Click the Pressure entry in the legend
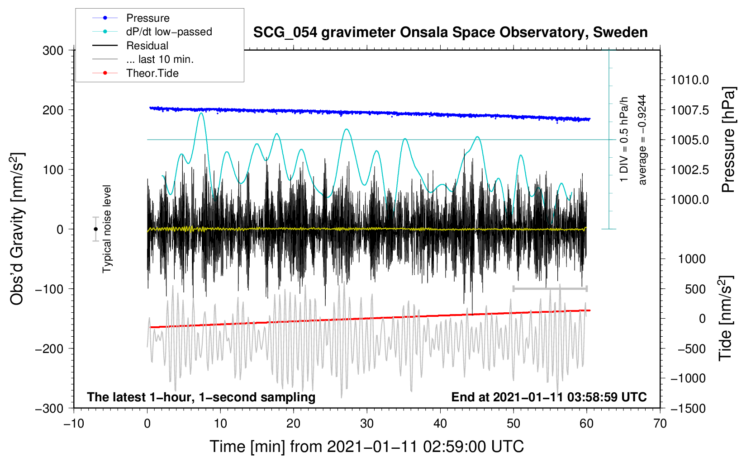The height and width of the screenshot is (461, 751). pyautogui.click(x=147, y=18)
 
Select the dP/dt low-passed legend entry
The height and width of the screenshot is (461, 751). pyautogui.click(x=169, y=32)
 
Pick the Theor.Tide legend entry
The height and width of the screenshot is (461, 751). pyautogui.click(x=152, y=73)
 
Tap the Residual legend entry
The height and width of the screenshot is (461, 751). pyautogui.click(x=147, y=46)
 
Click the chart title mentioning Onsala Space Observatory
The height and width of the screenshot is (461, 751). pyautogui.click(x=450, y=33)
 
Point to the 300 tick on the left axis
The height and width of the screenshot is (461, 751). pyautogui.click(x=53, y=50)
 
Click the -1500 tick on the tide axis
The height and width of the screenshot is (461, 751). pyautogui.click(x=688, y=408)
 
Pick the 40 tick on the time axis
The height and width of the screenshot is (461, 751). pyautogui.click(x=440, y=423)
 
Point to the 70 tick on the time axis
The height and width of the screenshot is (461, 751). pyautogui.click(x=660, y=423)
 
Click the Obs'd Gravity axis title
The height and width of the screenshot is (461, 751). pyautogui.click(x=17, y=229)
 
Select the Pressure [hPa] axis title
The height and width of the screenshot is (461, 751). pyautogui.click(x=728, y=140)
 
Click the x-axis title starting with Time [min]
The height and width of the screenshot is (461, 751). pyautogui.click(x=366, y=447)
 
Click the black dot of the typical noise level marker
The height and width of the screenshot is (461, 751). pyautogui.click(x=95, y=229)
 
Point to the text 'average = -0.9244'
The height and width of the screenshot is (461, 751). pyautogui.click(x=642, y=140)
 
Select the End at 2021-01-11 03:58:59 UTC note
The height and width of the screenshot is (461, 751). pyautogui.click(x=549, y=397)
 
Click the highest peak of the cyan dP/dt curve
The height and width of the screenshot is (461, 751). pyautogui.click(x=201, y=113)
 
